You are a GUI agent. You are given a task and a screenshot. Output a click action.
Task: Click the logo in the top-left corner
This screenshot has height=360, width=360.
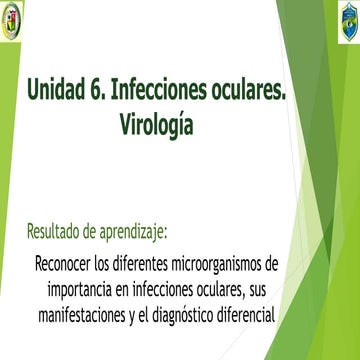pos(15,18)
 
